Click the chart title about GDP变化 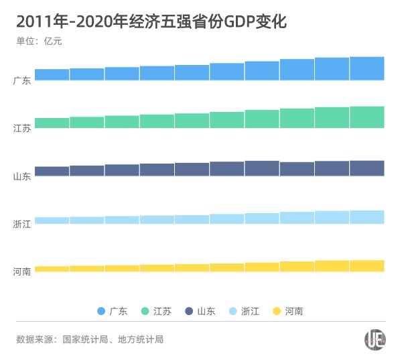point(151,21)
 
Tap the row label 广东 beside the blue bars point(22,80)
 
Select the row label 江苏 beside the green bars point(22,128)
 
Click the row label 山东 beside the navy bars point(22,176)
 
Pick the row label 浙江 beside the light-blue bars point(22,224)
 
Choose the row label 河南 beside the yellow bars point(22,272)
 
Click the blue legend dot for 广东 point(102,311)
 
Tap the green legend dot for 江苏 point(145,311)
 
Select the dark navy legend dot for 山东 point(189,311)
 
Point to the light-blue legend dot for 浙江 point(233,311)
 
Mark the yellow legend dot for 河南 point(277,311)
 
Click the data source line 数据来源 point(90,340)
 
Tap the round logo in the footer point(375,340)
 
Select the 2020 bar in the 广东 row point(366,68)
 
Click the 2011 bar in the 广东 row point(52,74)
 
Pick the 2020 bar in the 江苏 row point(366,117)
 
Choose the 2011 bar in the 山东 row point(52,172)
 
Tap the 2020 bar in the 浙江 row point(366,217)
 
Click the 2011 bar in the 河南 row point(52,269)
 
